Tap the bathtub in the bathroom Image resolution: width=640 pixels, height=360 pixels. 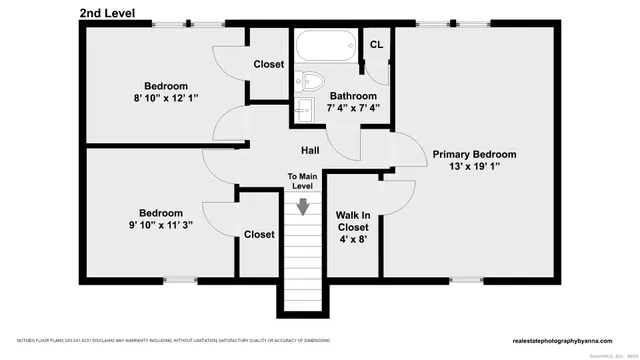323,45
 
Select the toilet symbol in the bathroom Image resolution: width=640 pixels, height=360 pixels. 311,81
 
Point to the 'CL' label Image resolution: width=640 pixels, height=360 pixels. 376,45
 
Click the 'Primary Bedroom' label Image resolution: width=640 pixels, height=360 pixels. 474,154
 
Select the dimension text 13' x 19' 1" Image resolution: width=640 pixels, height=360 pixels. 474,169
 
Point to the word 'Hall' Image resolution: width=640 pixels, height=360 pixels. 310,151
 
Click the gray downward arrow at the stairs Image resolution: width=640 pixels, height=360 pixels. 301,206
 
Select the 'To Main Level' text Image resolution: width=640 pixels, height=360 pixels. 301,181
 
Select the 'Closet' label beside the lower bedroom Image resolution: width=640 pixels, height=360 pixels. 259,234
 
